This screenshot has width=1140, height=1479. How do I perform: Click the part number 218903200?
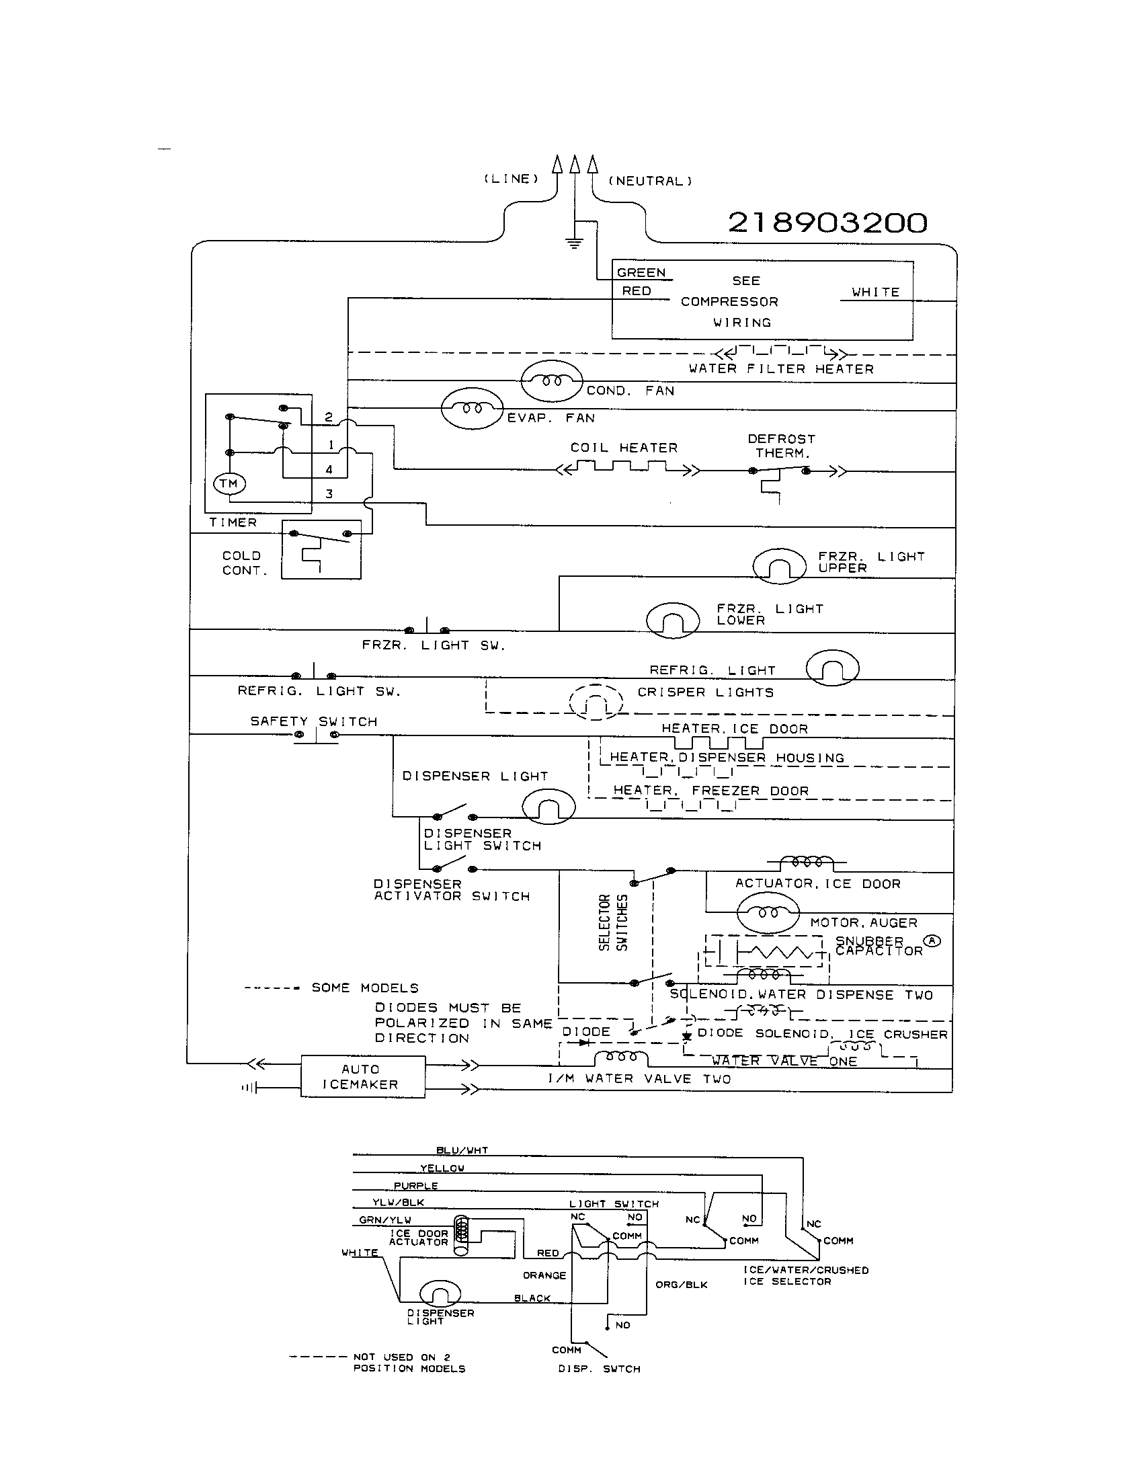(x=827, y=223)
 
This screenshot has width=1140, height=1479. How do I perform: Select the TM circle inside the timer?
(x=229, y=483)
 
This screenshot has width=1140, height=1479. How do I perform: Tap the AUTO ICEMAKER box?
(x=362, y=1076)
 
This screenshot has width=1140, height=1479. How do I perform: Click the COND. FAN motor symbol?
(x=551, y=381)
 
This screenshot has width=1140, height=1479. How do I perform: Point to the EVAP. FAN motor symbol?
(x=472, y=408)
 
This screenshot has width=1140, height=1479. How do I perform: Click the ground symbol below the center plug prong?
(x=574, y=243)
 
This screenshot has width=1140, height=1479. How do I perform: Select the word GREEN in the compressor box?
(x=641, y=273)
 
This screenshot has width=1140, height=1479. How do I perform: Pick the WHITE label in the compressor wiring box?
(x=875, y=292)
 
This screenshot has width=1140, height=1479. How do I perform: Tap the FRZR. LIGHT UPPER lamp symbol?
(x=779, y=565)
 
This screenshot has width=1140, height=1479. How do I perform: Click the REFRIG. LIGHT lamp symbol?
(x=832, y=668)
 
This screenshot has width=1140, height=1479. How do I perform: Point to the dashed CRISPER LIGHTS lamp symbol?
(x=595, y=702)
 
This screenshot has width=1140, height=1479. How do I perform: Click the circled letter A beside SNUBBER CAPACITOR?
(x=933, y=941)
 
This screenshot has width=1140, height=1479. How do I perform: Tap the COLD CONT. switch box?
(x=321, y=549)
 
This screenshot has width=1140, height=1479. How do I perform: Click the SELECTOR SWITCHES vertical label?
(x=613, y=922)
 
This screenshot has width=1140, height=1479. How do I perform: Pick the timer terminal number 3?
(x=329, y=494)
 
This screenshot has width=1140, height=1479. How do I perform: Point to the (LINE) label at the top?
(x=511, y=179)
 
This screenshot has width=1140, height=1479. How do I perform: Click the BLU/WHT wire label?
(x=462, y=1150)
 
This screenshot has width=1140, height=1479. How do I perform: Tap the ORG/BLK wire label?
(x=681, y=1285)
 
